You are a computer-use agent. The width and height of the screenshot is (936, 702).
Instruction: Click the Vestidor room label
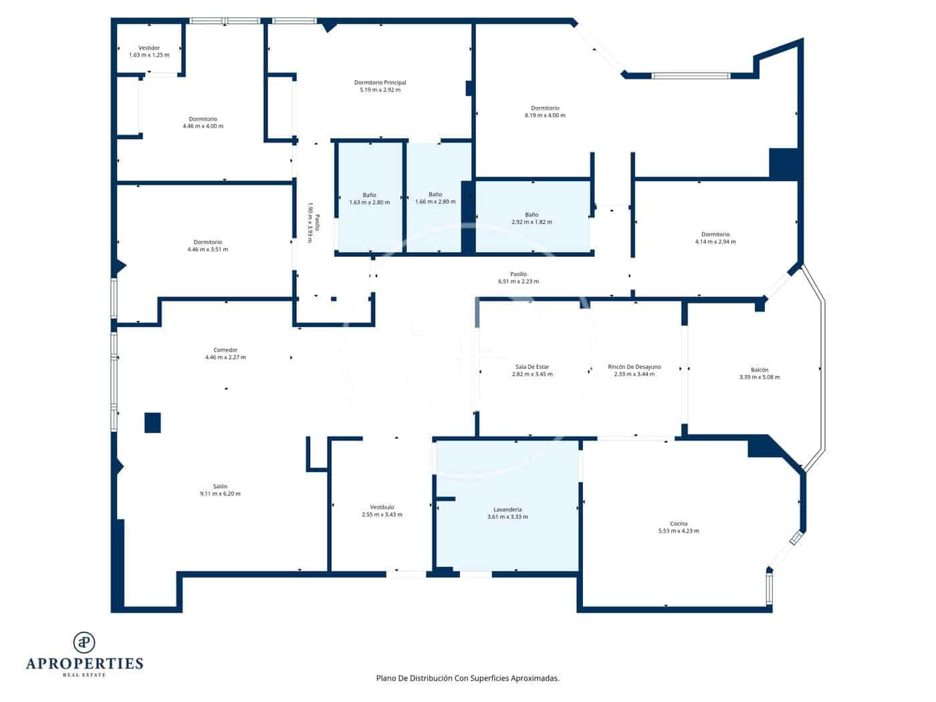[149, 48]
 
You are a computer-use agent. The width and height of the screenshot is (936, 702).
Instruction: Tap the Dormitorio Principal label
[380, 83]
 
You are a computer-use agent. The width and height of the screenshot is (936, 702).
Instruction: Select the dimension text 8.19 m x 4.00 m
[545, 116]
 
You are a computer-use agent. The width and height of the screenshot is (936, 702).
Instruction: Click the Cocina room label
[679, 523]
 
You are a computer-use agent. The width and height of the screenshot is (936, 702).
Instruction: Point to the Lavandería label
[507, 509]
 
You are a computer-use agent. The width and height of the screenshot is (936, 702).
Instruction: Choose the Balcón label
[759, 370]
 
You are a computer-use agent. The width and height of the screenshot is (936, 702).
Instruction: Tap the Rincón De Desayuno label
[634, 367]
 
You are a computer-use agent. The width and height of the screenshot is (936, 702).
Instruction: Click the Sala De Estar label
[532, 367]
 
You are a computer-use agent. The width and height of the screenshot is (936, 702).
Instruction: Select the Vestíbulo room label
[382, 507]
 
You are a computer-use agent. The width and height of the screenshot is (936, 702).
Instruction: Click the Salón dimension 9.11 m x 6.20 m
[220, 494]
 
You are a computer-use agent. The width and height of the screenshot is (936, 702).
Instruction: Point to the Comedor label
[225, 350]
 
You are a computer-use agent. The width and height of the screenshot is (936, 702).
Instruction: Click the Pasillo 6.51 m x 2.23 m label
[518, 274]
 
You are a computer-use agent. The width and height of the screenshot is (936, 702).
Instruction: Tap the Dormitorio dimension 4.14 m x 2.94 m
[715, 242]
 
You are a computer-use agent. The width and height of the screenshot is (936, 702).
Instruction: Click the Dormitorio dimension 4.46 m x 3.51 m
[208, 249]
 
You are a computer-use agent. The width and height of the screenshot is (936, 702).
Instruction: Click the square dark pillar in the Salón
[152, 423]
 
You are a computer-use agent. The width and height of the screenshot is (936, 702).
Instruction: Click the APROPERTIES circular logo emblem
[84, 642]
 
